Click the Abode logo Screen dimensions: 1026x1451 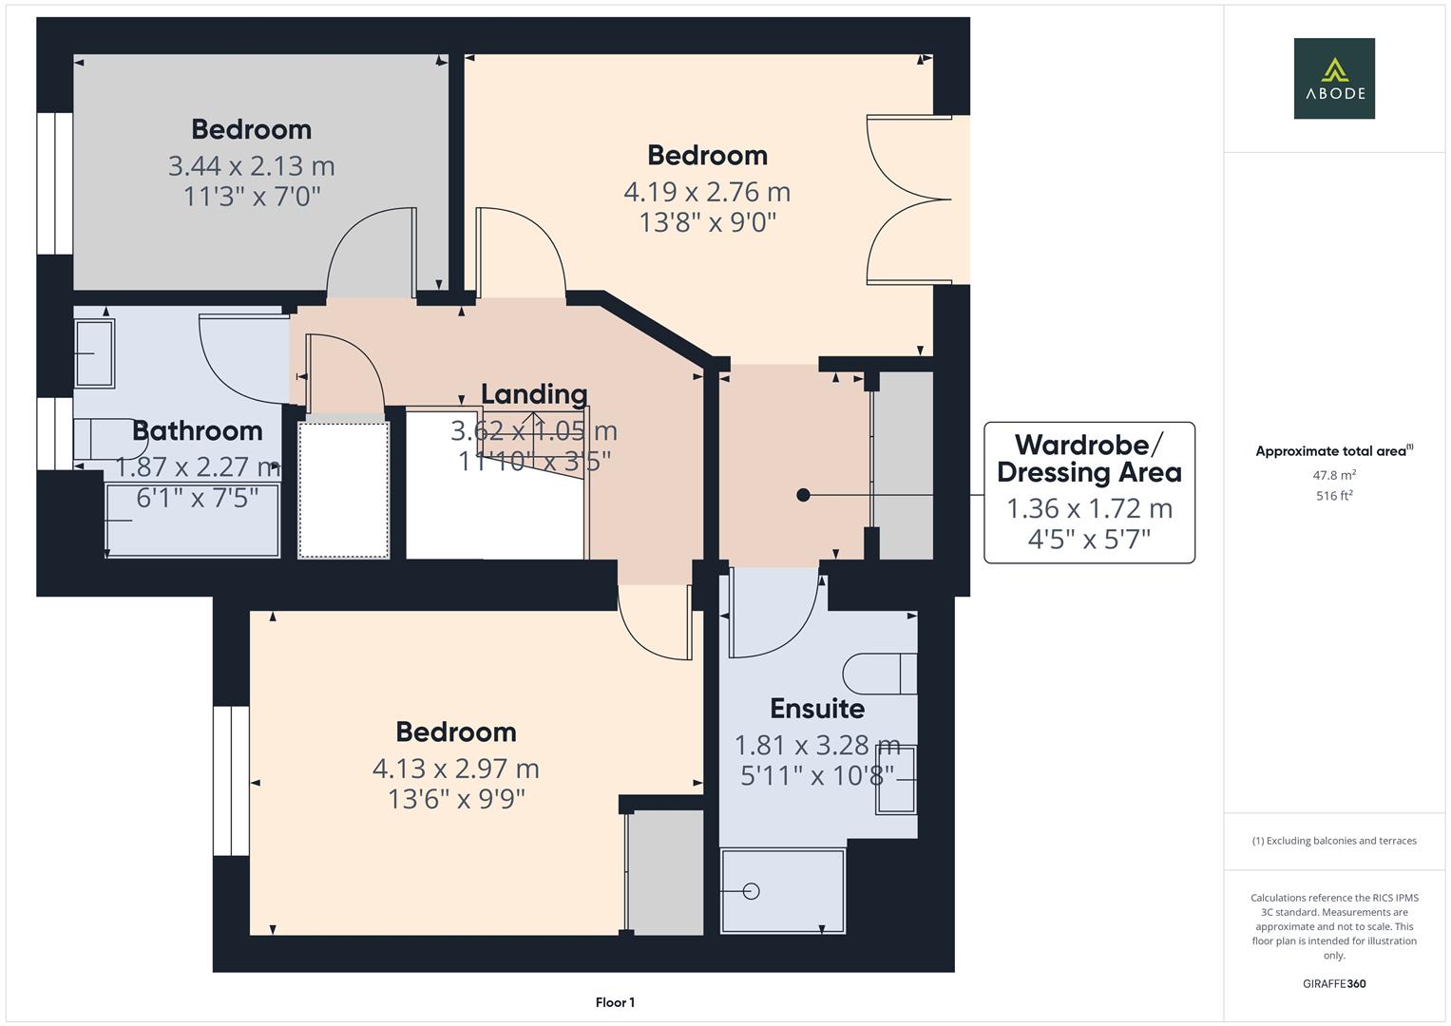1333,79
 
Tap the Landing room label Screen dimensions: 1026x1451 533,394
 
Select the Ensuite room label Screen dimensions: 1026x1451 816,709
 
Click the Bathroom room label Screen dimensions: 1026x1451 197,430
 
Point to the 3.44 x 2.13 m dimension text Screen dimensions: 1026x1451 251,166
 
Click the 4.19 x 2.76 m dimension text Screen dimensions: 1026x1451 707,192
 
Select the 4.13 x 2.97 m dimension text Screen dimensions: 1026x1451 455,768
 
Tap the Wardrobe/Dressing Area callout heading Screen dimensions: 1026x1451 1089,458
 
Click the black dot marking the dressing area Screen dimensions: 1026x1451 803,495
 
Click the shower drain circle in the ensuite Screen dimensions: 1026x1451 752,891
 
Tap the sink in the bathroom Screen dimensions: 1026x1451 94,353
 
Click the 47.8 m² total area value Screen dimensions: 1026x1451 1334,475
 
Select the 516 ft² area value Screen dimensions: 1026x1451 1334,496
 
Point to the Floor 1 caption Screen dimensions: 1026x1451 615,1002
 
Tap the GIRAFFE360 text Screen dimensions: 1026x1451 1334,983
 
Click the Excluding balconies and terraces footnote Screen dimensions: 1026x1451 1334,841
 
